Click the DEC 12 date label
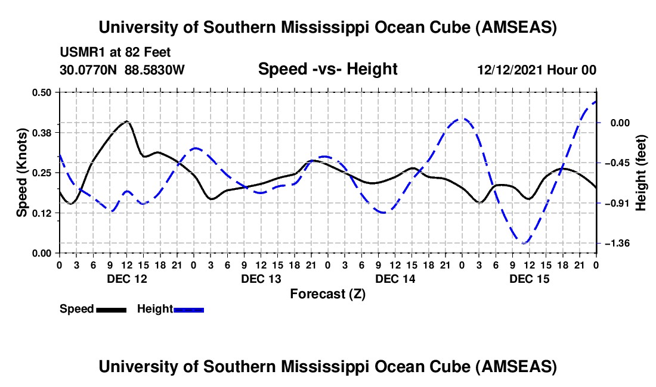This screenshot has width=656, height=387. click(126, 279)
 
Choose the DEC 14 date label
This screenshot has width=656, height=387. click(395, 279)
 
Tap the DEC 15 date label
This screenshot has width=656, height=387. click(529, 279)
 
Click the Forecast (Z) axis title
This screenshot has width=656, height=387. click(327, 294)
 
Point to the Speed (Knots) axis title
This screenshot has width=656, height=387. click(21, 172)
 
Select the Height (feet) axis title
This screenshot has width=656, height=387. click(641, 172)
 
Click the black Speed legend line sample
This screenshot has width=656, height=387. click(111, 309)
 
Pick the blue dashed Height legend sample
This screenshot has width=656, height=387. click(189, 309)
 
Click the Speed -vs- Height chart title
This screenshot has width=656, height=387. click(327, 69)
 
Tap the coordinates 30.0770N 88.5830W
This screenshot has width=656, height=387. click(122, 70)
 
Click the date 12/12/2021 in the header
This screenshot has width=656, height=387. click(510, 70)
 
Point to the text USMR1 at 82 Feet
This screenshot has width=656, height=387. click(115, 52)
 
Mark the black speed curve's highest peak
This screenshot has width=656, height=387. click(126, 121)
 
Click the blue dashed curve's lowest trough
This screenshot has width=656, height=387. click(524, 243)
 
